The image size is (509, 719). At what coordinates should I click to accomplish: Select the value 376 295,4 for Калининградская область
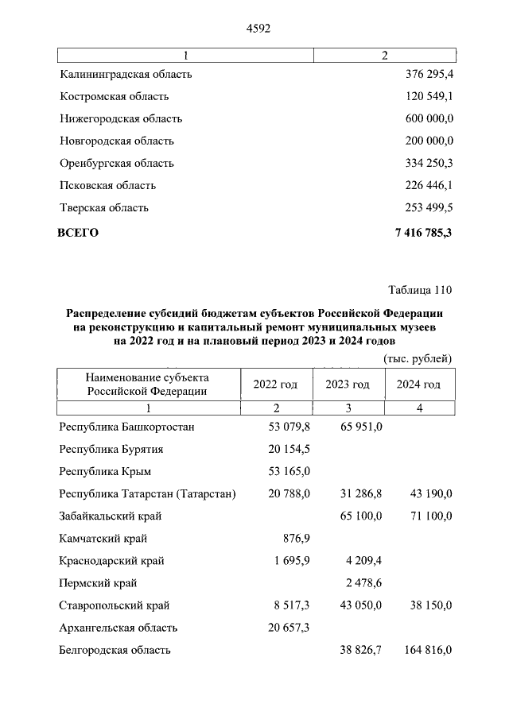point(424,75)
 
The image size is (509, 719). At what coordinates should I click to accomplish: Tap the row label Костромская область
point(115,97)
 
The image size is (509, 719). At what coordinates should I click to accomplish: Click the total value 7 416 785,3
point(423,233)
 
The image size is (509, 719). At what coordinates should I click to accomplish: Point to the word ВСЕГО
point(78,233)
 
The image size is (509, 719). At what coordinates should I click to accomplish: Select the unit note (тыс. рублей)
point(418,358)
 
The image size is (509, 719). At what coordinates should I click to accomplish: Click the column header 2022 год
point(275,385)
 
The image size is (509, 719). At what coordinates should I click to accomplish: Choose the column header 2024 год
point(418,385)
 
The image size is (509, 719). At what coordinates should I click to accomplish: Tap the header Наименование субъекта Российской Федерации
point(148,384)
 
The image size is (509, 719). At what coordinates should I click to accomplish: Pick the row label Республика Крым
point(104,471)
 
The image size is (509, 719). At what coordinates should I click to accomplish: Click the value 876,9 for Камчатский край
point(296,539)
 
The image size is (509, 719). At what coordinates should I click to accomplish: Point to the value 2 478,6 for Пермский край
point(363,583)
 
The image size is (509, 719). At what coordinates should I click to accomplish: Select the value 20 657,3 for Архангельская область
point(284,628)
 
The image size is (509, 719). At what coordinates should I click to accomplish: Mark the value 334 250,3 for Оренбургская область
point(424,164)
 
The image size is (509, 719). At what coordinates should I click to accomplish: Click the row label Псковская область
point(108,186)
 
